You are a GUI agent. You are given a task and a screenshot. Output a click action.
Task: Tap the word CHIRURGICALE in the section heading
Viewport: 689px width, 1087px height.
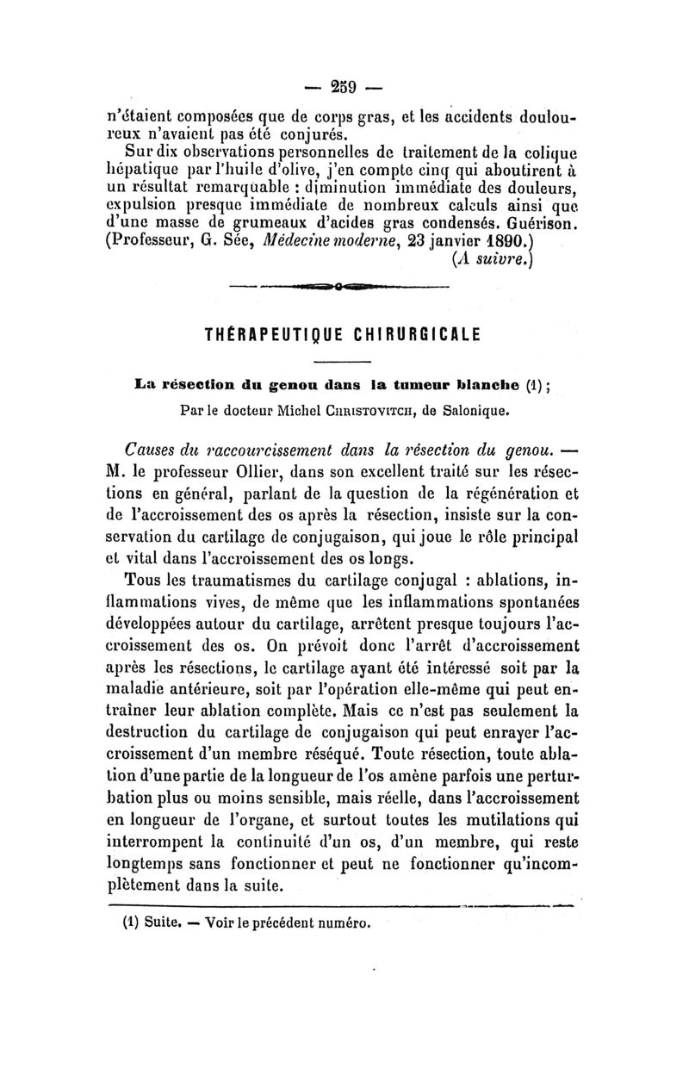pyautogui.click(x=419, y=333)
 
